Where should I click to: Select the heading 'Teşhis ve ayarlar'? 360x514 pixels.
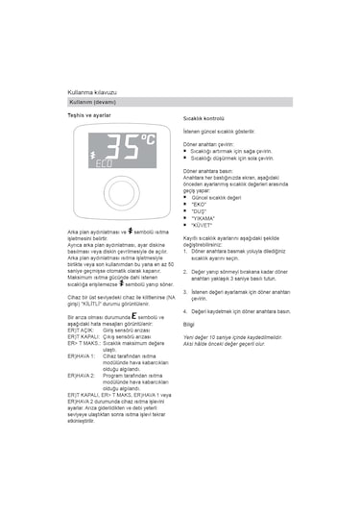(x=89, y=115)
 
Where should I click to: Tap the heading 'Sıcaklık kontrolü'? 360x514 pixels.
(x=203, y=117)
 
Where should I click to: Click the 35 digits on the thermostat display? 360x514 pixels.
(x=122, y=147)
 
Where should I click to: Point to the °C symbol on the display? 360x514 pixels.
(x=148, y=141)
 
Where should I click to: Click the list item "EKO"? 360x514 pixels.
(x=200, y=204)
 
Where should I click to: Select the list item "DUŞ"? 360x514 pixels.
(x=200, y=211)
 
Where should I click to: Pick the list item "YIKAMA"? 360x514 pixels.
(x=203, y=218)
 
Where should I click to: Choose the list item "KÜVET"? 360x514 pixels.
(x=202, y=226)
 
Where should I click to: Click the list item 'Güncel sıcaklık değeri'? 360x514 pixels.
(x=217, y=196)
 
